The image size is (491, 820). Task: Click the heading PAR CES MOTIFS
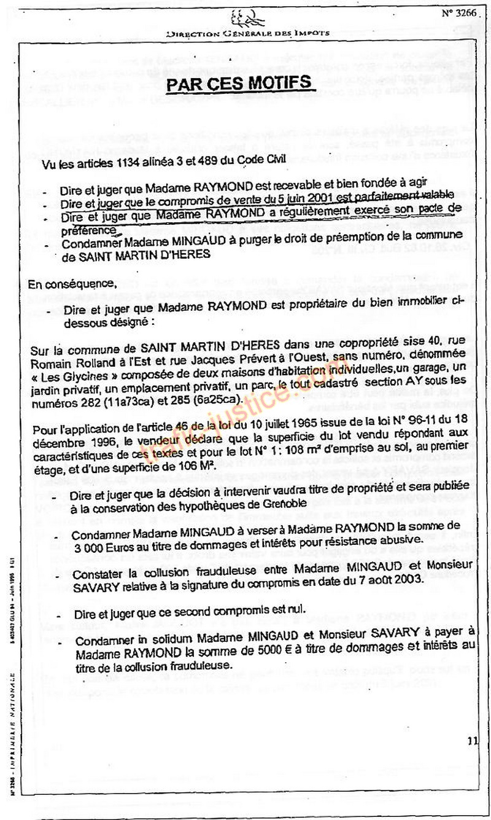click(x=239, y=84)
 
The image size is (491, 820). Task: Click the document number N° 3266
click(x=458, y=12)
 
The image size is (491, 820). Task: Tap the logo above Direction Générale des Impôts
click(x=248, y=18)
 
